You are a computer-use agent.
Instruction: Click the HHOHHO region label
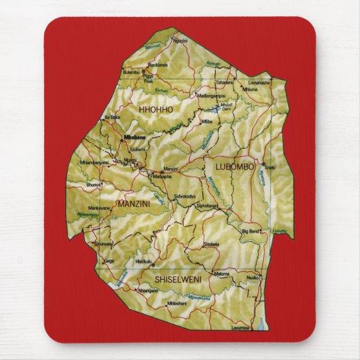[156, 109]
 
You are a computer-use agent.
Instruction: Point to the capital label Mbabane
[136, 137]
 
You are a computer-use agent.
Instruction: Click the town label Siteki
[270, 167]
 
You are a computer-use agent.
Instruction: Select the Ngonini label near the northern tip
[181, 41]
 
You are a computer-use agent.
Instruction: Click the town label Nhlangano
[148, 290]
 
